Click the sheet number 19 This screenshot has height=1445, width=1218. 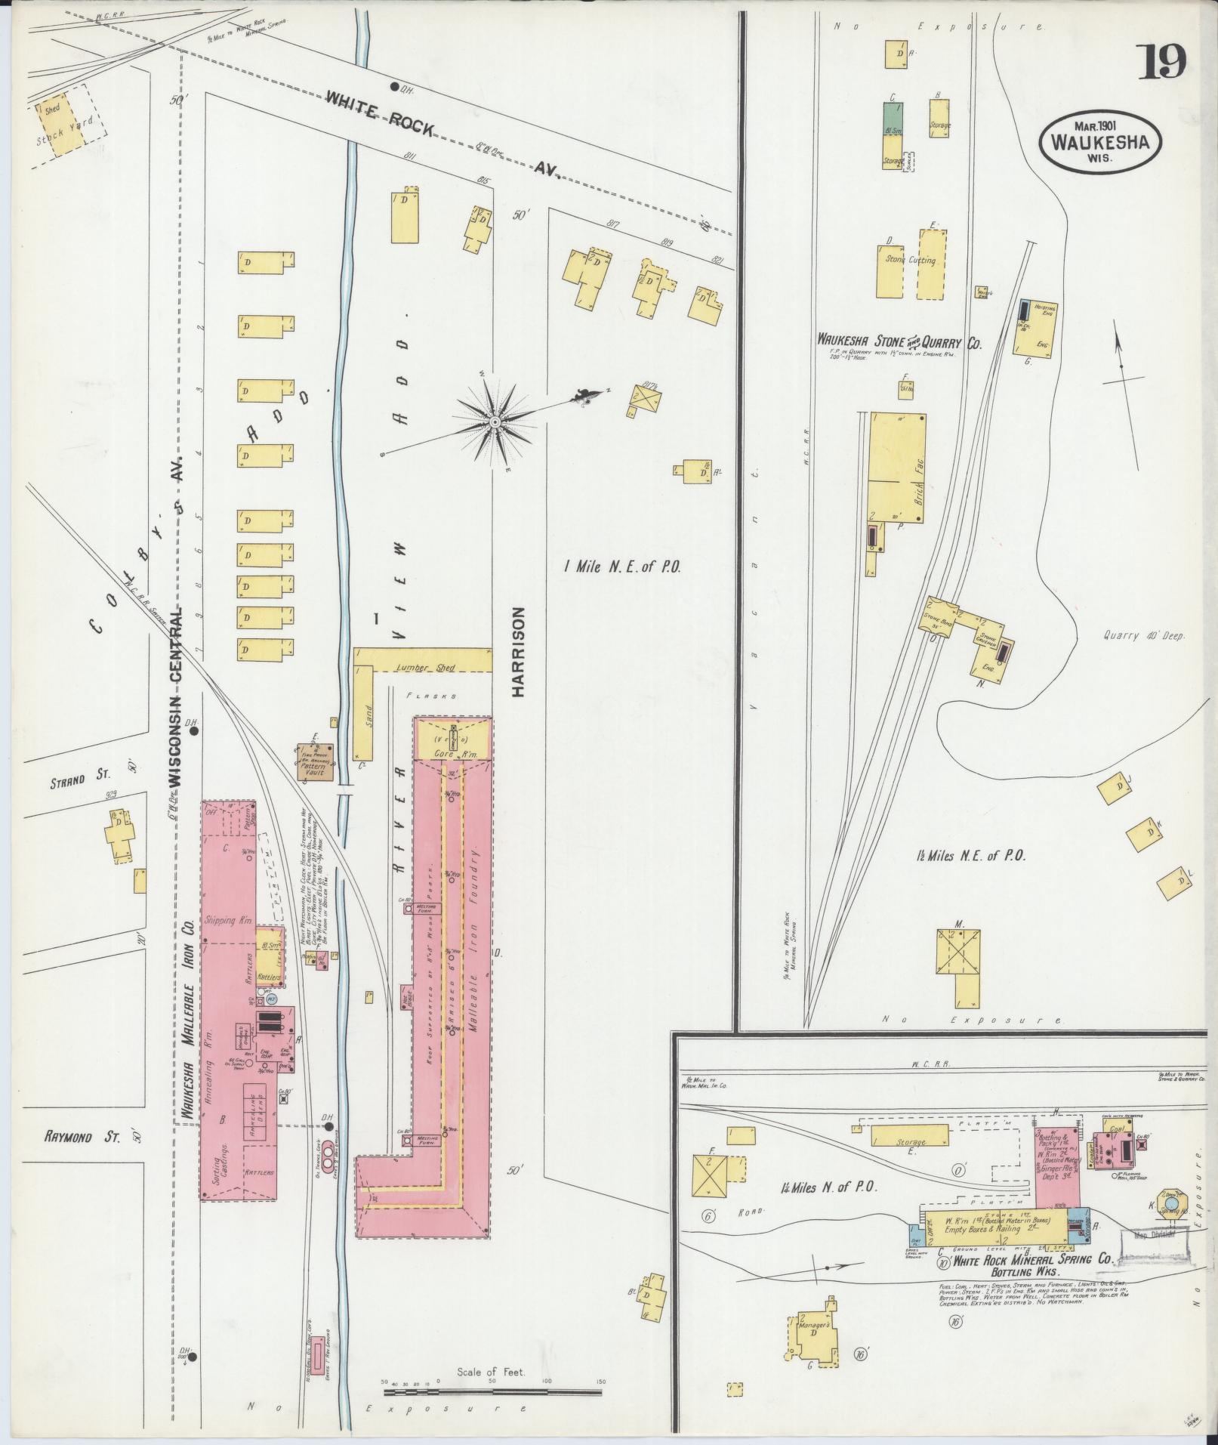pos(1161,63)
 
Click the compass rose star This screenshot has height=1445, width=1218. pos(494,421)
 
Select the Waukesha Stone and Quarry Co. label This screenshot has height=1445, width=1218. pos(899,341)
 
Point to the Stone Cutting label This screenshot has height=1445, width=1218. pos(911,261)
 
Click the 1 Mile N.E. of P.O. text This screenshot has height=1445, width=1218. pos(622,567)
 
